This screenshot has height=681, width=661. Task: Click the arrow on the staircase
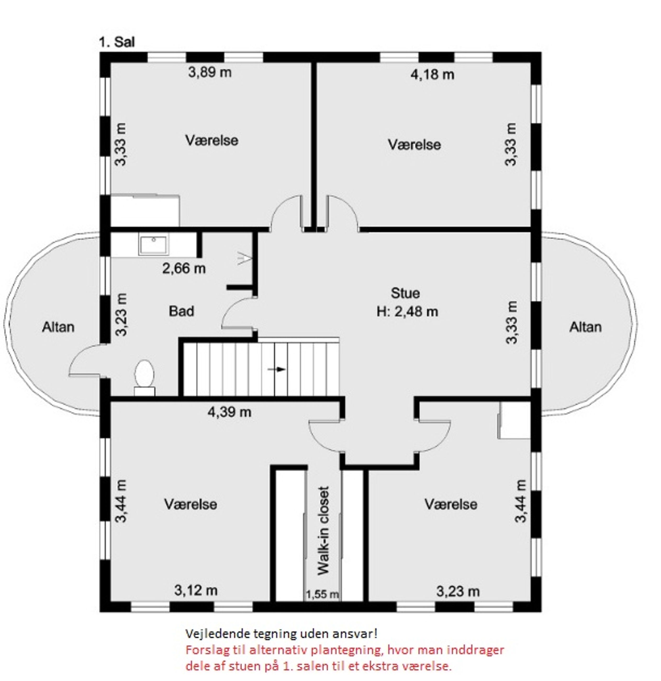point(277,369)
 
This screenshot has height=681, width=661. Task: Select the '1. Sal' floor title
point(117,42)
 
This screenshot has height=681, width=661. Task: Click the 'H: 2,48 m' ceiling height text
point(407,311)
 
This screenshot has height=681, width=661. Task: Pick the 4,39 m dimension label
point(229,412)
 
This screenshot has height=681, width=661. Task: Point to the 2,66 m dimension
point(184,268)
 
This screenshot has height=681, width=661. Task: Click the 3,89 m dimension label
point(210,72)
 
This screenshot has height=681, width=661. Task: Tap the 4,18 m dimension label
point(432,75)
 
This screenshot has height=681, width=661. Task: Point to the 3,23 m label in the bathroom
point(121,315)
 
